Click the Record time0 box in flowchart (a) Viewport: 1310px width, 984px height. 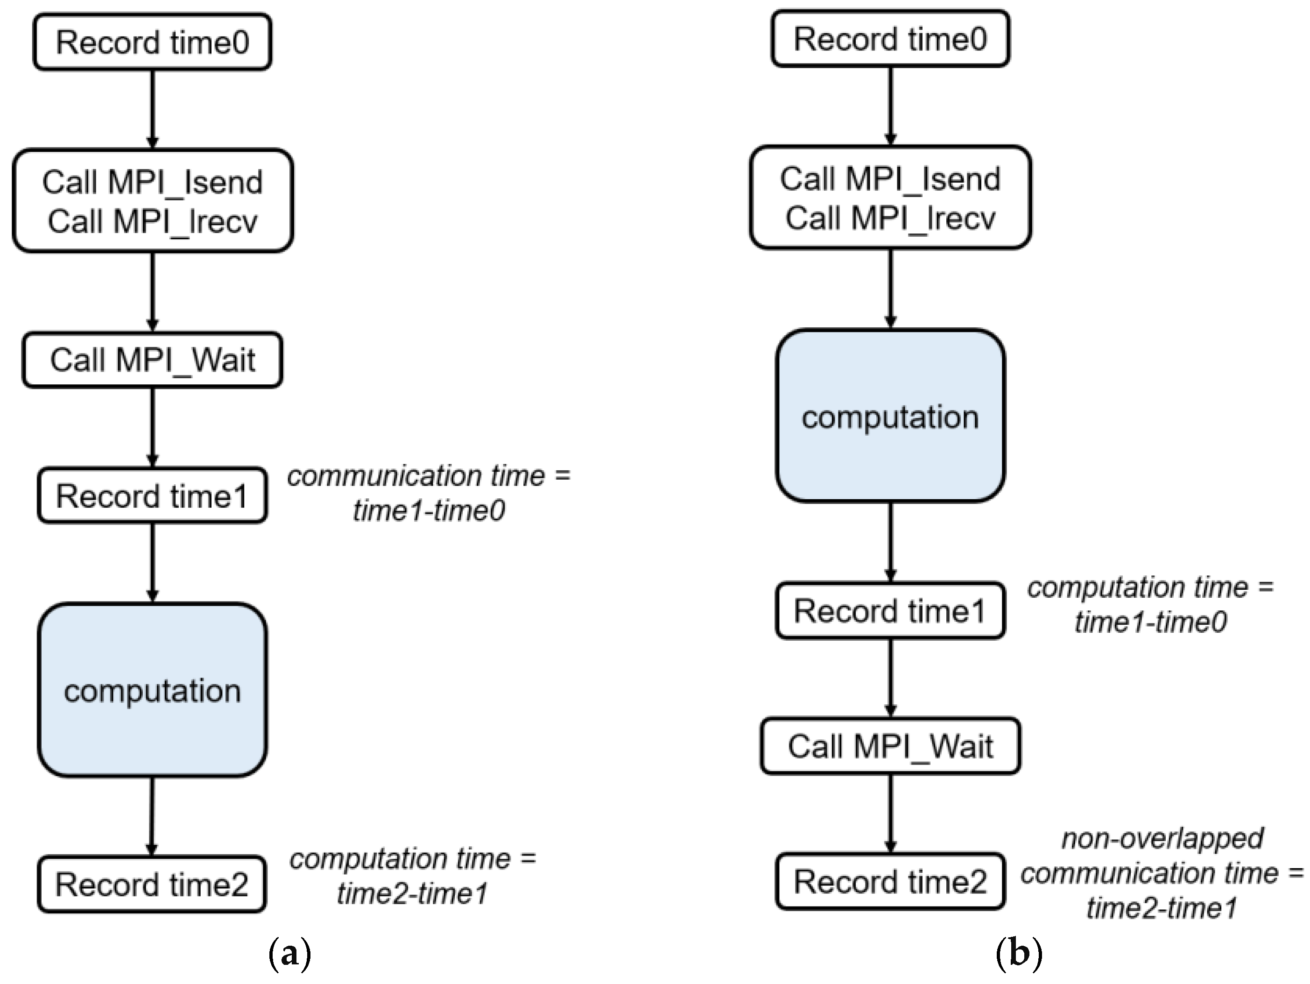[x=152, y=42]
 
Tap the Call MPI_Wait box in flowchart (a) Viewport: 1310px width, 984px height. [x=152, y=360]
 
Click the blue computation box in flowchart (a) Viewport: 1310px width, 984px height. [x=152, y=690]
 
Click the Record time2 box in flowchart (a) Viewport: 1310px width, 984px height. [x=152, y=884]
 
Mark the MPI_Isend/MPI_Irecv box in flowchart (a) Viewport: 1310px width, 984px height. [x=152, y=201]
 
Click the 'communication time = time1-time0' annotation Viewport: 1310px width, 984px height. [x=429, y=493]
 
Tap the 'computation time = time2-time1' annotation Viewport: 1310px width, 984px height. [x=413, y=876]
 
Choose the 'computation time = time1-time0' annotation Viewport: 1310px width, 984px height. [x=1150, y=604]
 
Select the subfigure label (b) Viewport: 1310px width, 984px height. [x=1019, y=954]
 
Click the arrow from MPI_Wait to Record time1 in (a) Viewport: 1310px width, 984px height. [x=152, y=426]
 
